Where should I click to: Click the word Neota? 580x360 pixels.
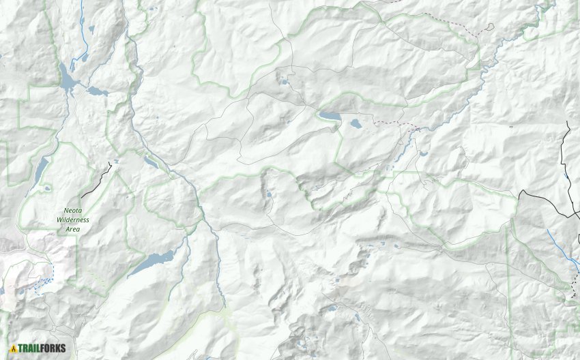pos(74,212)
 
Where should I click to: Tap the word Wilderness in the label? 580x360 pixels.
pos(73,220)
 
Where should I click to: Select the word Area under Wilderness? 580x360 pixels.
pos(73,229)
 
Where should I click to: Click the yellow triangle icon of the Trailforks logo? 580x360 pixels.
pos(13,348)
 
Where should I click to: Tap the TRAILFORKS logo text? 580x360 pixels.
pos(42,348)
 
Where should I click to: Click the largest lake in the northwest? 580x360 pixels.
pos(68,80)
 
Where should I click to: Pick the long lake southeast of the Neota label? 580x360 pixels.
pos(153,261)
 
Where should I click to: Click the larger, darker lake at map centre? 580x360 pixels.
pos(330,117)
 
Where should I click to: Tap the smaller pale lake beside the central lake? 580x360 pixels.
pos(356,124)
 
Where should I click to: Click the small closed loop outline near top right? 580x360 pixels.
pos(489,28)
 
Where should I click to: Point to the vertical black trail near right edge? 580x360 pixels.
pos(566,150)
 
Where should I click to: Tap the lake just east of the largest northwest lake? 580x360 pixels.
pos(96,91)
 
